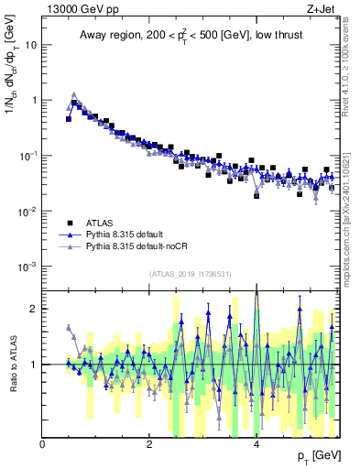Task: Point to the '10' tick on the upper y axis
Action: coord(30,44)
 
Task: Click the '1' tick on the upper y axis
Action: coord(34,100)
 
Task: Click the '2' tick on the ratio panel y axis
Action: coord(34,309)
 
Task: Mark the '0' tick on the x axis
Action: coord(43,444)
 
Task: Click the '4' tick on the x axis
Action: coord(256,444)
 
